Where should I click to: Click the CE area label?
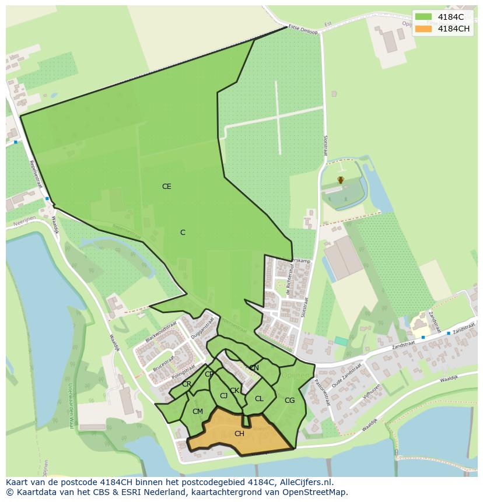(x=167, y=187)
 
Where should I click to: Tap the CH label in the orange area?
(x=239, y=434)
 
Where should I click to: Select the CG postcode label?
(x=289, y=401)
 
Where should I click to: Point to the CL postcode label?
(x=259, y=399)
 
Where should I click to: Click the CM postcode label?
(x=198, y=412)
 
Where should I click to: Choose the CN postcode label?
(x=254, y=368)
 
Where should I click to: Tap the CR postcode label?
(x=187, y=384)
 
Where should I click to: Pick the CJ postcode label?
(x=223, y=396)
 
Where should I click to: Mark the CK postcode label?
(x=235, y=391)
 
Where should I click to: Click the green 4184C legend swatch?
(x=423, y=17)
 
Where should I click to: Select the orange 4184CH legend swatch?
(x=423, y=29)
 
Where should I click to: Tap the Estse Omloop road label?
(x=304, y=30)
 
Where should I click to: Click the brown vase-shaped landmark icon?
(x=341, y=180)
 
